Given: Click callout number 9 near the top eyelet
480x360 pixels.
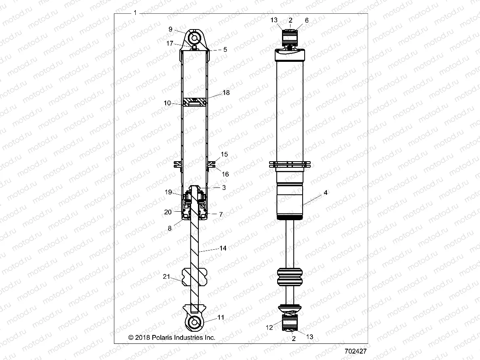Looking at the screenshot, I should pos(171,29).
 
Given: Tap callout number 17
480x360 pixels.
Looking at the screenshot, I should pos(170,43).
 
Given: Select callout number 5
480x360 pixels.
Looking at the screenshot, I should pos(225,49).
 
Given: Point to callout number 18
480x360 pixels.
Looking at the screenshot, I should pos(226,93).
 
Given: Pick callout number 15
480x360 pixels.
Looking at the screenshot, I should pos(225,154).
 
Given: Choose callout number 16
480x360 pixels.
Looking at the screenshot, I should pos(225,174).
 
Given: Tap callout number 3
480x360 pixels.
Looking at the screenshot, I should pos(223,188).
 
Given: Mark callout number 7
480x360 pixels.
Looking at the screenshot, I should pos(221,215).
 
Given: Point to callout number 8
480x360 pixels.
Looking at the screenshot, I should pos(170,228).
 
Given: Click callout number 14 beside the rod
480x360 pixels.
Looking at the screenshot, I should pos(222,248).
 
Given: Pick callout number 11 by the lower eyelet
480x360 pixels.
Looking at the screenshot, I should pos(221,318).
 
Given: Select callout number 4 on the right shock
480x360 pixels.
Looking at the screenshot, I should pos(325,193).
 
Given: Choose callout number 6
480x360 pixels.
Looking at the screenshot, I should pos(307,20).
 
